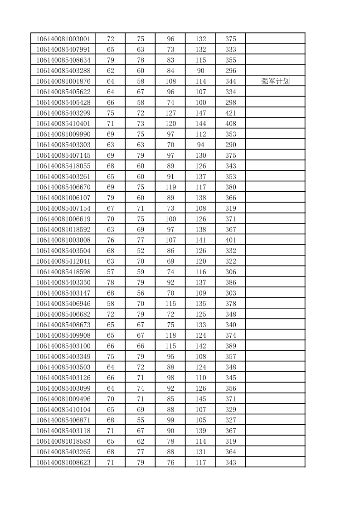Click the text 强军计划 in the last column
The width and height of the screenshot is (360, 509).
[275, 82]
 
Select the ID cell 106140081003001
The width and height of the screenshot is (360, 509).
[63, 39]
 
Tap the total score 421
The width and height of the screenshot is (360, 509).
[230, 113]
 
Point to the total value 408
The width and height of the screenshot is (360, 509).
[230, 124]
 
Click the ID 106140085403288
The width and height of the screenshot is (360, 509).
[63, 71]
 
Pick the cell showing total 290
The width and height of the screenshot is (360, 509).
[230, 145]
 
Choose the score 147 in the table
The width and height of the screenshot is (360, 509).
[200, 113]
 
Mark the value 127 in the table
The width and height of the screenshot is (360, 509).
[170, 113]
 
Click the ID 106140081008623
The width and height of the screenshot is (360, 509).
[63, 462]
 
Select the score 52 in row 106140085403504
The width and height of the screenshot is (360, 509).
[141, 251]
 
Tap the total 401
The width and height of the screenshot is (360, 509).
[230, 240]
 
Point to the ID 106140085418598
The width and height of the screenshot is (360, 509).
[63, 272]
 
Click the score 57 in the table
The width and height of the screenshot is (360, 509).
[110, 272]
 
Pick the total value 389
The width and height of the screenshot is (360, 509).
[230, 346]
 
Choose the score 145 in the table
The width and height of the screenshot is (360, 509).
[200, 399]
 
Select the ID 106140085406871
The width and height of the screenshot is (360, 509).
[63, 420]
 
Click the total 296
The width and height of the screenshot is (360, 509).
[230, 71]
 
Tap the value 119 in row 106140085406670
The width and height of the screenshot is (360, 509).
[170, 187]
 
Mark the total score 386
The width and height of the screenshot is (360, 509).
[230, 282]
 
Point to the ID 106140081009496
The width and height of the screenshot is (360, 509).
[63, 399]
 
